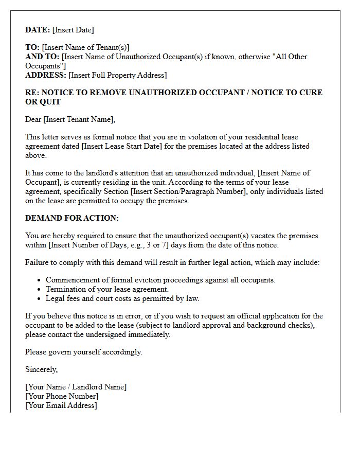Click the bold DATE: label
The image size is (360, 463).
pos(38,30)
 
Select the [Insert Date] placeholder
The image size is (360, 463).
pos(73,30)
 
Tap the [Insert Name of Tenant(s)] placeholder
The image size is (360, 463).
pos(85,47)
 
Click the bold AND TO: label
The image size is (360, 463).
pos(42,57)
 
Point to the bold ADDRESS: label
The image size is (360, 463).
pos(46,75)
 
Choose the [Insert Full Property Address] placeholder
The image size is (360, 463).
pos(117,75)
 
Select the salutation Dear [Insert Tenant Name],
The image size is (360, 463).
pos(70,119)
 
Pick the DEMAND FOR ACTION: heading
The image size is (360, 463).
pos(72,218)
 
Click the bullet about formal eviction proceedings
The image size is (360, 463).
pos(160,280)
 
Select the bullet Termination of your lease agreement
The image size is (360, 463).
pos(107,289)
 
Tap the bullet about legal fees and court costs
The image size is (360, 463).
pos(122,298)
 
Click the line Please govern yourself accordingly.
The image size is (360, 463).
pos(83,352)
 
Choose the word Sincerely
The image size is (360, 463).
pos(41,369)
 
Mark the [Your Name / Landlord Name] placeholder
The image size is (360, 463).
pos(76,387)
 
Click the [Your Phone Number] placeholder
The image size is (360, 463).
pos(62,396)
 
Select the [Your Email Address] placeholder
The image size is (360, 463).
pos(61,405)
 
